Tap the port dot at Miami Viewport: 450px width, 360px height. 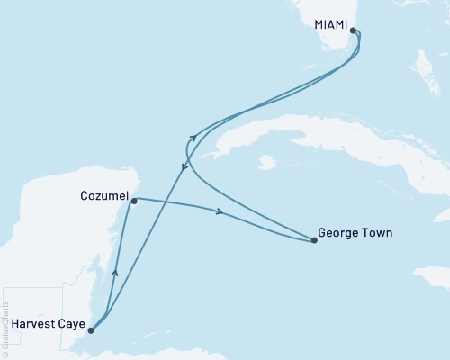pos(354,31)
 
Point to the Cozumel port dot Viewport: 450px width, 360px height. pos(133,202)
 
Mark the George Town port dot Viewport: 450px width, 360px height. pos(314,240)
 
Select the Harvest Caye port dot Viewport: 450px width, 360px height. pos(90,330)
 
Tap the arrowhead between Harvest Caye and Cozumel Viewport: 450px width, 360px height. pos(115,267)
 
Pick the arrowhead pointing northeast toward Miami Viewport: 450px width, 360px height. pos(194,136)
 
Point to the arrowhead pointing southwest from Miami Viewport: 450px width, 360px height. pos(184,168)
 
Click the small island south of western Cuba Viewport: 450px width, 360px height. pos(265,163)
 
